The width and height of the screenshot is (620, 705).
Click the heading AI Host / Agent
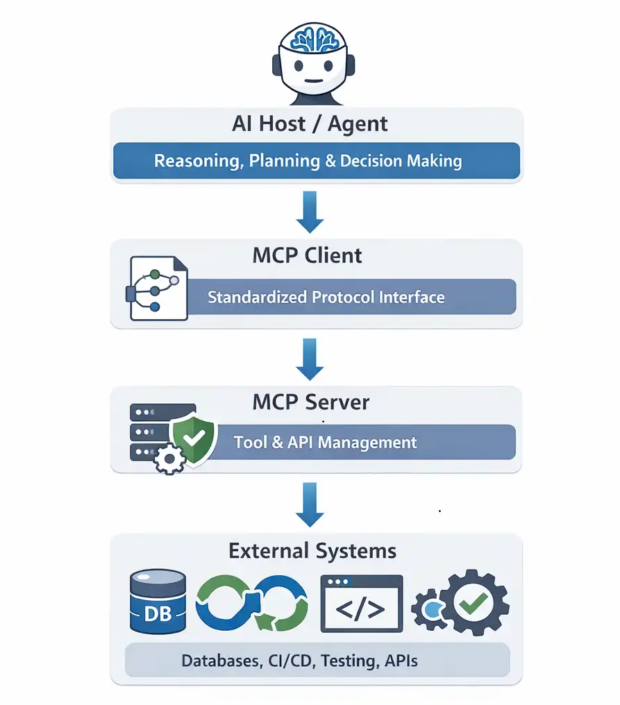310,124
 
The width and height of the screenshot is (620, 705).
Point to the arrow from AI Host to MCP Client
310,213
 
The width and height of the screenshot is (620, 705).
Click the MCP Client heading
308,255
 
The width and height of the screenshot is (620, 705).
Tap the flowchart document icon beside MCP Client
157,288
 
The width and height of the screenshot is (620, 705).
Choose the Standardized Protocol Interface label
326,298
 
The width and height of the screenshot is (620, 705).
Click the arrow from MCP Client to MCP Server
310,359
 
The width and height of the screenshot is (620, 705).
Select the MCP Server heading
311,402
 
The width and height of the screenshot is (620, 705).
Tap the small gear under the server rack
169,459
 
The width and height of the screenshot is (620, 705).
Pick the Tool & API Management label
325,443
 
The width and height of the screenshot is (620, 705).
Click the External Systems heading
312,552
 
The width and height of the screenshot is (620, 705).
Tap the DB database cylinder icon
158,601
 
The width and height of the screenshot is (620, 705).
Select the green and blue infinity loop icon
251,602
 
